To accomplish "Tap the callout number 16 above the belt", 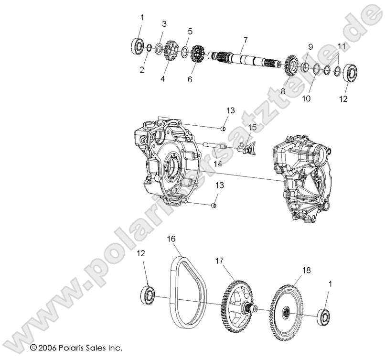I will pos(171,238).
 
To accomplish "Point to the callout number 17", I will pos(219,261).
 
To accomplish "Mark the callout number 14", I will pos(217,164).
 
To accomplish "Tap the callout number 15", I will pos(252,127).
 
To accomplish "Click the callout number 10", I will pos(306,99).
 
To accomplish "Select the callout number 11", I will pos(341,46).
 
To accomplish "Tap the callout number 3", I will pos(164,23).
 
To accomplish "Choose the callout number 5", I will pos(190,32).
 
